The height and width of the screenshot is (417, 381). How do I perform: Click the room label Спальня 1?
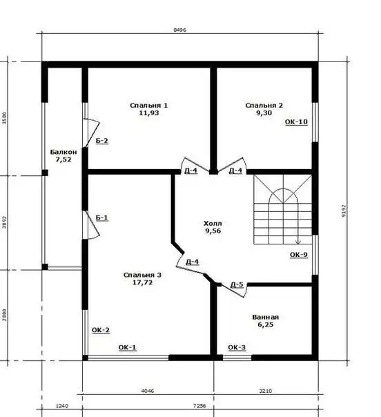click(149, 105)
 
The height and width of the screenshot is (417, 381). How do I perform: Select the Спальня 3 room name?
click(142, 275)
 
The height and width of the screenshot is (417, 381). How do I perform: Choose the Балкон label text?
click(63, 151)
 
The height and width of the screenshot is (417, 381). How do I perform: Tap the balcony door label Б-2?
click(101, 141)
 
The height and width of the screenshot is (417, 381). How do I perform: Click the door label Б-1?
click(101, 217)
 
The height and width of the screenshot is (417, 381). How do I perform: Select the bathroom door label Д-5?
click(236, 284)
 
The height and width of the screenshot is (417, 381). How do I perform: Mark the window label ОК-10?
click(296, 122)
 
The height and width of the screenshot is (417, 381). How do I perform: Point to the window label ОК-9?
click(298, 255)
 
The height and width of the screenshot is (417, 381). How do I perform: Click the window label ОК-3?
click(236, 347)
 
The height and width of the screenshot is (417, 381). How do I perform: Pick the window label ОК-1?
click(127, 347)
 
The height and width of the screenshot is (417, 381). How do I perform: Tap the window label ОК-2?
click(101, 330)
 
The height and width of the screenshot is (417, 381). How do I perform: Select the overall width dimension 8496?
click(180, 30)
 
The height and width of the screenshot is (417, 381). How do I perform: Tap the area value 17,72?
click(142, 282)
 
